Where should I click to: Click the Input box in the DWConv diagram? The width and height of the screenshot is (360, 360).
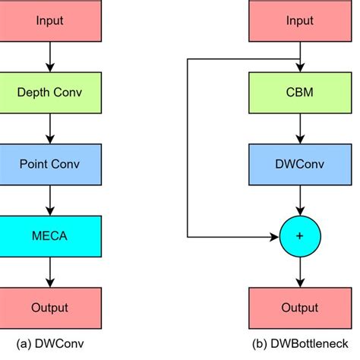(x=50, y=20)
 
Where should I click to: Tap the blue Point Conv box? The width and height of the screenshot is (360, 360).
(x=50, y=164)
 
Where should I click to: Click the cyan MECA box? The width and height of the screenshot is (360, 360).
(x=50, y=235)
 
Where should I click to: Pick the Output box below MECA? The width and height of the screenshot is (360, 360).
(x=50, y=308)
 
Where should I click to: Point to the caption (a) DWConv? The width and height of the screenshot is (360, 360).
(x=50, y=343)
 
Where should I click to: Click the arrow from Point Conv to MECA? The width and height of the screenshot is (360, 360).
(x=50, y=200)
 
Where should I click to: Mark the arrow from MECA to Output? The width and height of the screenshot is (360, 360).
(x=50, y=272)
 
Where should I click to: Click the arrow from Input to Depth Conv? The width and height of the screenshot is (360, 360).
(x=50, y=56)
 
